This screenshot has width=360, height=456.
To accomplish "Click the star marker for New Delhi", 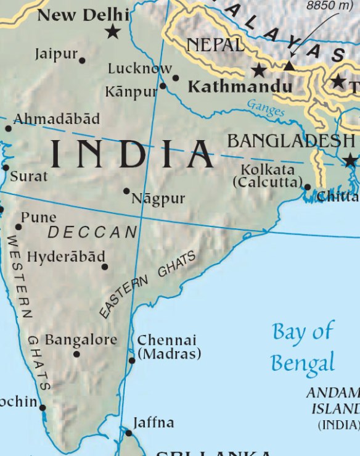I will click(x=112, y=31).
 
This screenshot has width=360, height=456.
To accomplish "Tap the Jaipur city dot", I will click(x=82, y=60).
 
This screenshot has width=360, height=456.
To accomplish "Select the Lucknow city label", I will click(x=140, y=68).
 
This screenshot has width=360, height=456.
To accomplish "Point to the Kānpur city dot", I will click(x=163, y=86).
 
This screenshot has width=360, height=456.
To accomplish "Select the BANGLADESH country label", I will click(x=291, y=141).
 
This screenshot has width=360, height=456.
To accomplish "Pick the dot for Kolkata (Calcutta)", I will click(x=307, y=186).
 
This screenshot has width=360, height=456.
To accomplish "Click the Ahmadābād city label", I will click(x=56, y=118).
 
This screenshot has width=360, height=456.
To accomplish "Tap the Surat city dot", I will click(x=6, y=167).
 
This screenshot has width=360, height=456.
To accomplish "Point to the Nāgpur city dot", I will click(x=126, y=191).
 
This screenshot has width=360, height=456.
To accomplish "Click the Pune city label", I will click(x=38, y=217).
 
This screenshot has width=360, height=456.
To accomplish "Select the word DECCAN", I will click(x=92, y=233).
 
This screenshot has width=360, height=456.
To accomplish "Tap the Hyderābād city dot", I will click(x=104, y=267).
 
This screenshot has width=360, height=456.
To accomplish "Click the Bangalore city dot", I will click(x=76, y=354).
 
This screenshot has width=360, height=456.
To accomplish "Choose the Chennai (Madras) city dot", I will click(x=131, y=360).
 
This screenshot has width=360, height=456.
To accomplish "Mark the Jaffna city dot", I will click(x=129, y=433).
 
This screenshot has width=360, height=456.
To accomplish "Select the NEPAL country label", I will click(x=215, y=45).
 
